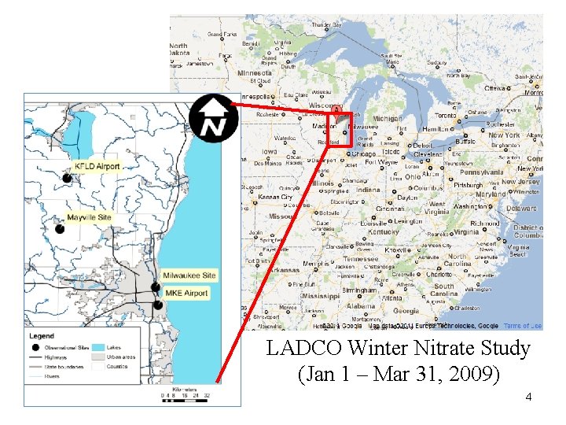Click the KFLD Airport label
click(97, 167)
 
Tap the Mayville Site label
click(90, 217)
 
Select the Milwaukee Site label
click(189, 275)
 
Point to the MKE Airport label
click(186, 294)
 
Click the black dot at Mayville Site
click(59, 229)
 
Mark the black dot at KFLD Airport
click(68, 178)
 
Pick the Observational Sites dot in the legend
click(35, 347)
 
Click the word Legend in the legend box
click(42, 335)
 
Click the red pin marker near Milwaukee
click(336, 112)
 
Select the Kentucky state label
click(384, 232)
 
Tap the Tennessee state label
click(361, 258)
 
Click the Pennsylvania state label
click(486, 171)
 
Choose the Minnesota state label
click(255, 72)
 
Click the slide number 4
click(528, 397)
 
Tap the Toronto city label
click(447, 115)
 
